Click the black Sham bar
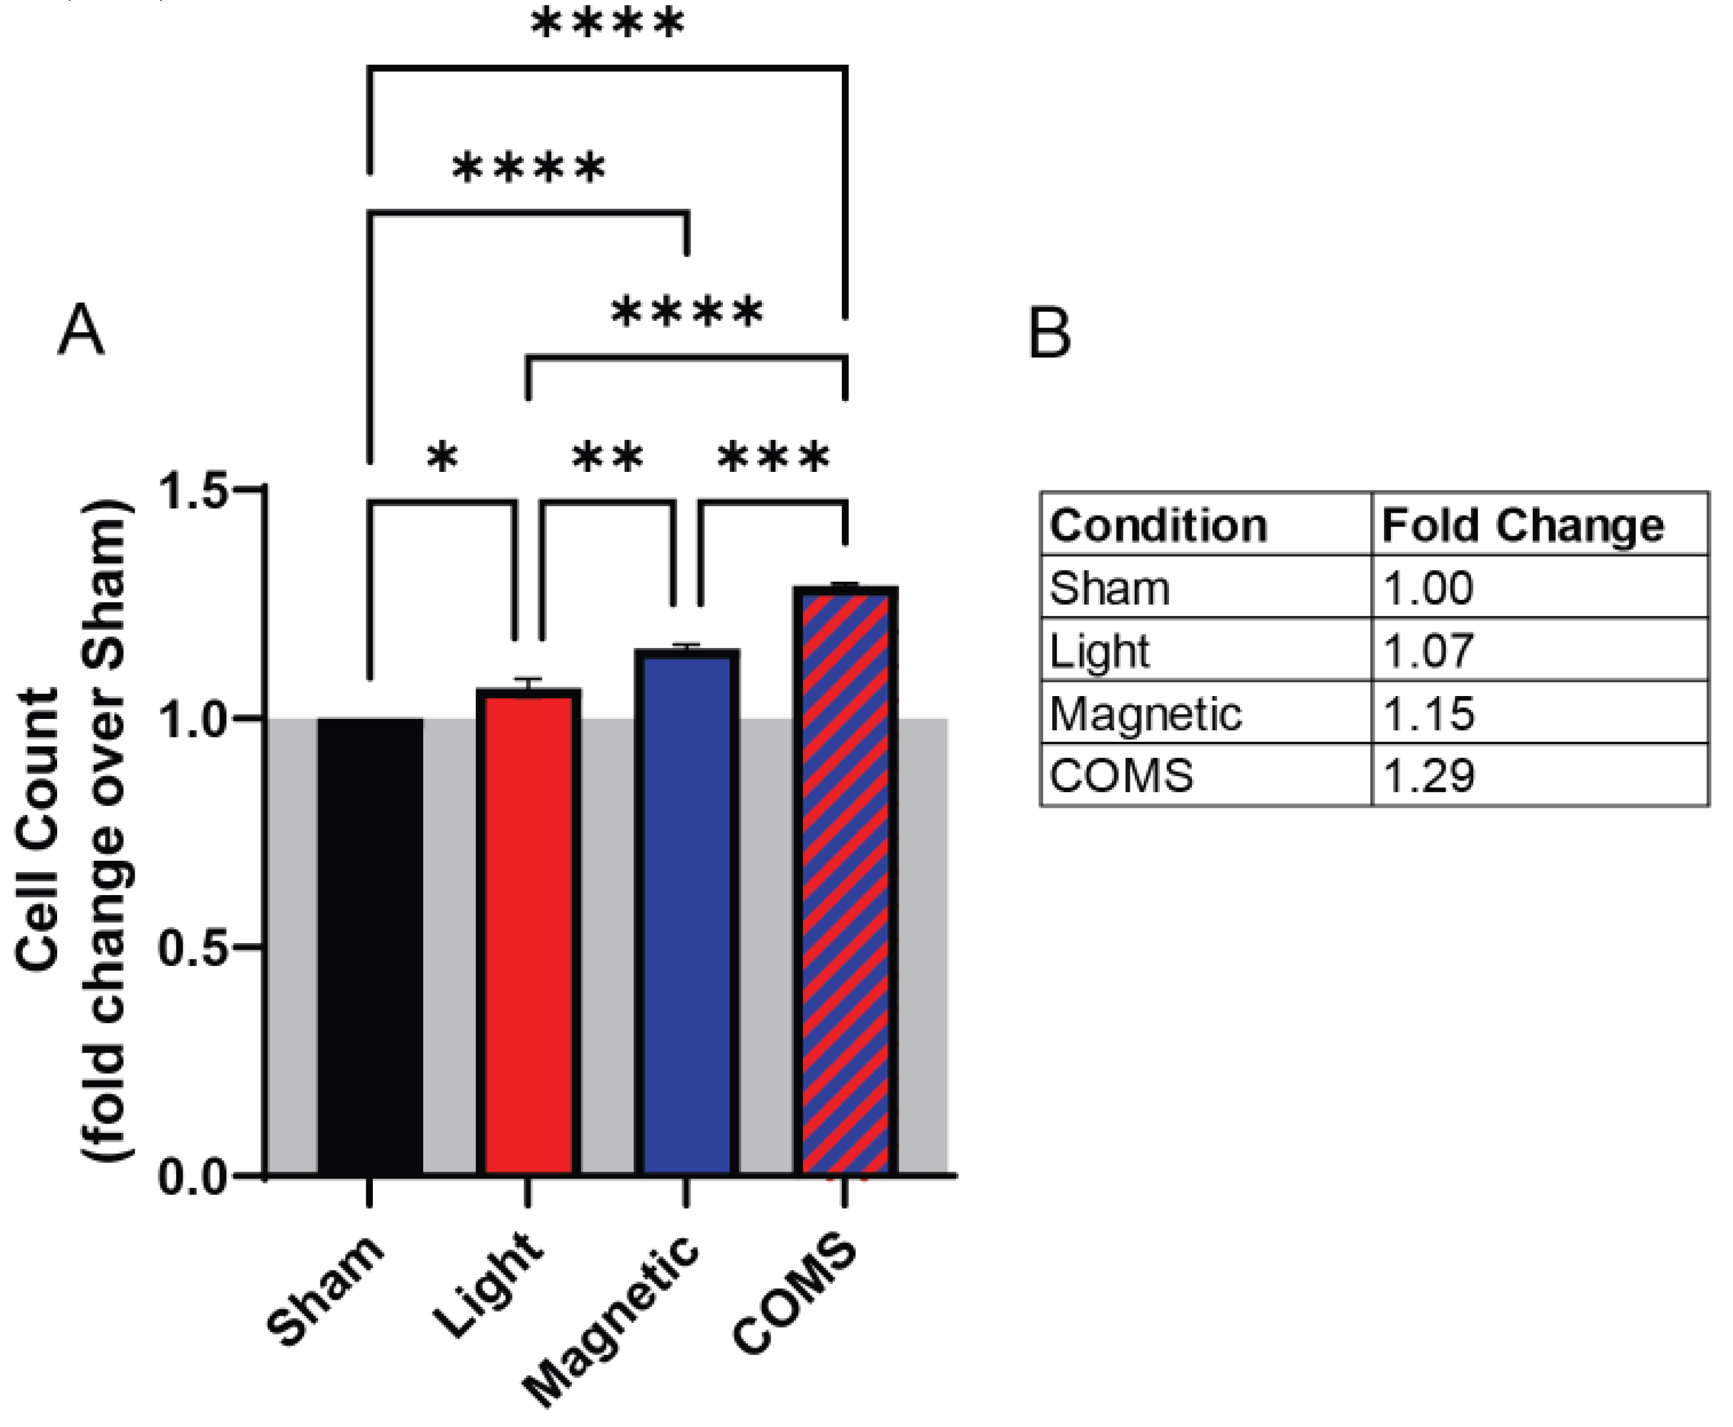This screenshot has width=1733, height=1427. [370, 946]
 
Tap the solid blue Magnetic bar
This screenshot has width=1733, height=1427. [687, 912]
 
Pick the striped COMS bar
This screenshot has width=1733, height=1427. [845, 879]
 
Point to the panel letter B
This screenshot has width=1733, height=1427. [1050, 333]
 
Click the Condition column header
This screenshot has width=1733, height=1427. [1158, 525]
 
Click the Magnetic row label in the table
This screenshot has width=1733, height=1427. [1145, 713]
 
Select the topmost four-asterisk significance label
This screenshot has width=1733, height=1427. [607, 23]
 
